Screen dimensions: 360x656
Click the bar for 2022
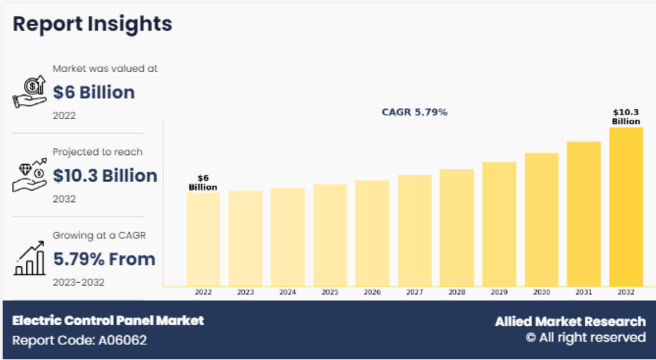(203, 239)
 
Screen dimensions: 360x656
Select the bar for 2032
(626, 207)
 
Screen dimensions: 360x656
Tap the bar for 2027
(414, 230)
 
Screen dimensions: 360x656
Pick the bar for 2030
(541, 219)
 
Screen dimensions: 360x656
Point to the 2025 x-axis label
(330, 293)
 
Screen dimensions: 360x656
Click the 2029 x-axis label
(499, 293)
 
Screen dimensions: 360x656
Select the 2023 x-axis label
(246, 293)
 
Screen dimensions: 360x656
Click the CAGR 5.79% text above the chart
(414, 113)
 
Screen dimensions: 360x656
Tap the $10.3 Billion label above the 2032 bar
(626, 117)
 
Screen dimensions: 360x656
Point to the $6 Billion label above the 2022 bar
(203, 183)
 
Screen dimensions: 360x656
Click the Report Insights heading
(92, 24)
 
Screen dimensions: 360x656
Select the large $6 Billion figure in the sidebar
(94, 92)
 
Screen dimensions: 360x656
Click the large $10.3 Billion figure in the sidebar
(105, 175)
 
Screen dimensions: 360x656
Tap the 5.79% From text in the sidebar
(104, 259)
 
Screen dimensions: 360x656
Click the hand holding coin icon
(29, 92)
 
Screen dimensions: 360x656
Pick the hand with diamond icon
(29, 175)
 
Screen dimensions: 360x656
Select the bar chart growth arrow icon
(29, 259)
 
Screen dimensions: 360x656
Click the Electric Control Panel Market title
(108, 321)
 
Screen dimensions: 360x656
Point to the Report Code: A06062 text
(79, 340)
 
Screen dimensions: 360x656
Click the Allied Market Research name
(570, 321)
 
